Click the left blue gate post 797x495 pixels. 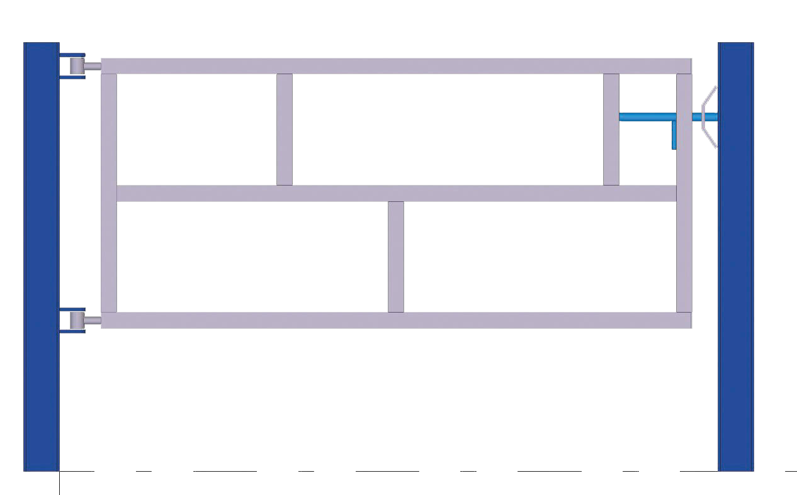41,252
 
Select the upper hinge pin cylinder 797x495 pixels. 77,66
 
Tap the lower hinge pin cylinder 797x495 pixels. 77,320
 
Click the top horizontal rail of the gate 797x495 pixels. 397,66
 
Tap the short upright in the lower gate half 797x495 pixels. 396,257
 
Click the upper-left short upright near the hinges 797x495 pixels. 285,129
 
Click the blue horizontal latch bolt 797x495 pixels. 648,117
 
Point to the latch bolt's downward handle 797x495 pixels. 674,136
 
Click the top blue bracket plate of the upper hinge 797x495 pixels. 72,55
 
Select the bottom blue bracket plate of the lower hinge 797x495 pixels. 72,331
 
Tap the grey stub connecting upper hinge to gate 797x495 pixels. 93,66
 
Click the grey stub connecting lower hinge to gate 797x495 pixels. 93,320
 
